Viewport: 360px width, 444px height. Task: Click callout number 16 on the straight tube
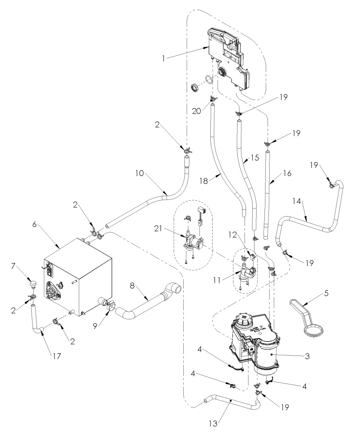[x=287, y=174]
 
